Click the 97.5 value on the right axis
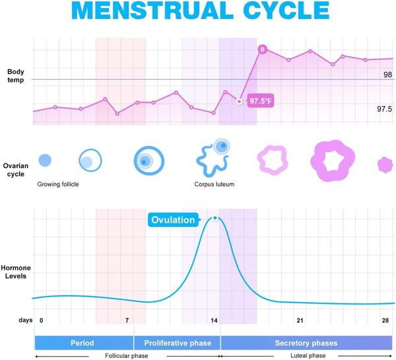[383, 109]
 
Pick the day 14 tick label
[214, 320]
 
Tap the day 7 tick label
[127, 320]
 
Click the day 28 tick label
[385, 320]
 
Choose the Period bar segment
[83, 343]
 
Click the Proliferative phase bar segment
[176, 343]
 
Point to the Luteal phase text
[308, 355]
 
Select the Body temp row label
[15, 76]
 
